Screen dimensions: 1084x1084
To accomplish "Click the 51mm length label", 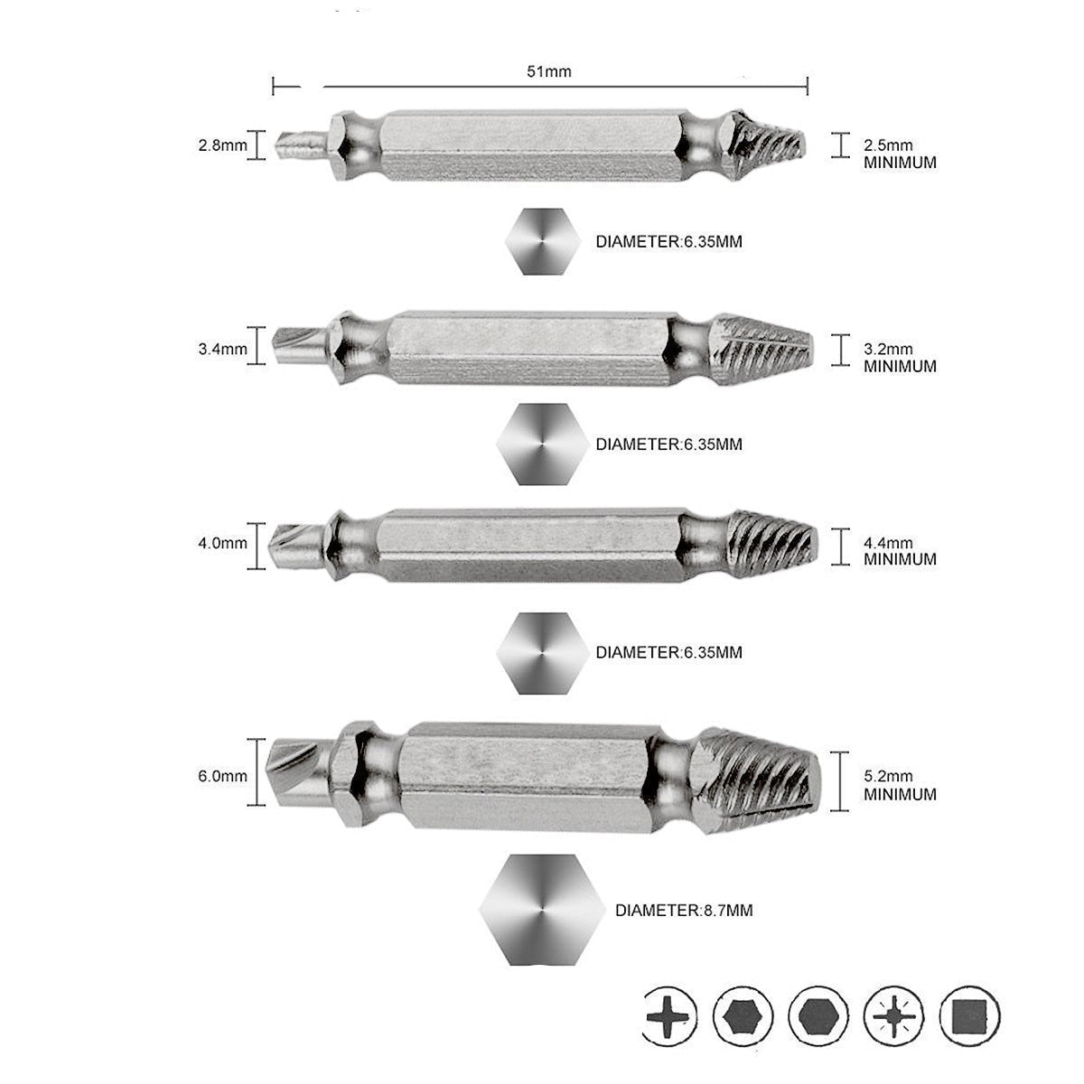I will coord(549,71).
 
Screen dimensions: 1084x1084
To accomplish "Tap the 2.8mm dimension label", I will coord(222,145).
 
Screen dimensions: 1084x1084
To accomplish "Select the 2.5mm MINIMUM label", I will coord(900,154).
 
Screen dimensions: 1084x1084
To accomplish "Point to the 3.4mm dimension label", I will coord(222,349).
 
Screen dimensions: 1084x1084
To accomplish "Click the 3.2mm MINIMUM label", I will coord(900,357).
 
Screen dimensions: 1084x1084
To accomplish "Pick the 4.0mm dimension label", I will coord(222,544).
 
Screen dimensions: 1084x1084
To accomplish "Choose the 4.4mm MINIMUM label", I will coord(900,551).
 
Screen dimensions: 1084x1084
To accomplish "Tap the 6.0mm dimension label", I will coord(222,776).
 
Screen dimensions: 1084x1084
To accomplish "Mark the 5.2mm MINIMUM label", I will coord(900,785).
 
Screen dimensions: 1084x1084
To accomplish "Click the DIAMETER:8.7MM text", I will coord(684,911).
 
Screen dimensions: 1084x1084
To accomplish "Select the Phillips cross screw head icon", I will coord(669,1015).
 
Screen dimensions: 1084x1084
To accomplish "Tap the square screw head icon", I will coord(969,1015).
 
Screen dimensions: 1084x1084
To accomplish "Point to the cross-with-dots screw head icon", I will coord(894,1015).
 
